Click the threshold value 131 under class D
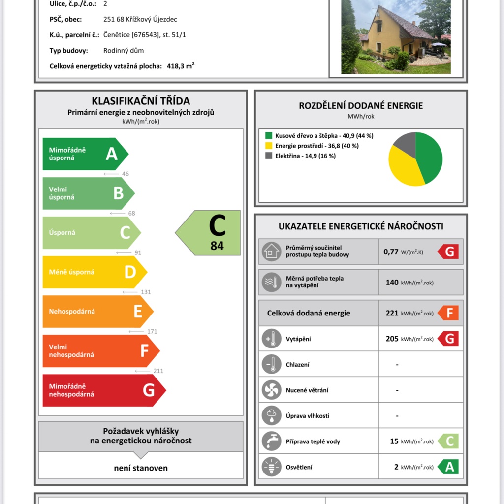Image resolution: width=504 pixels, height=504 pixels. [x=146, y=292]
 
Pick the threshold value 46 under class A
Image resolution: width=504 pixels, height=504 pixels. [x=126, y=174]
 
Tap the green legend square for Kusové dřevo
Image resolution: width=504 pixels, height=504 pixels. [x=269, y=136]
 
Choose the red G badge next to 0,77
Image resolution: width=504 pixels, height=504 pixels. [x=448, y=252]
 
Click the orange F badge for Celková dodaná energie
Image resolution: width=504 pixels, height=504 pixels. [x=448, y=313]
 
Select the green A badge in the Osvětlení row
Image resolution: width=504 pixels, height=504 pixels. [x=448, y=467]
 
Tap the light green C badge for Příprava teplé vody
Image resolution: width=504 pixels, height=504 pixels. [x=448, y=441]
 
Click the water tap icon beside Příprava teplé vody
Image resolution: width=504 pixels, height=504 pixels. [x=271, y=441]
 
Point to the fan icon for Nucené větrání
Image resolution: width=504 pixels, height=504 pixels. [x=271, y=390]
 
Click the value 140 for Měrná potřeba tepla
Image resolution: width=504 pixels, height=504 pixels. [x=392, y=283]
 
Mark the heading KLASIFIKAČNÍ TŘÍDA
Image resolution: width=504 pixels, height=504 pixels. [x=141, y=101]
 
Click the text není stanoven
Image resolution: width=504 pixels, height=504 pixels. [x=141, y=468]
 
